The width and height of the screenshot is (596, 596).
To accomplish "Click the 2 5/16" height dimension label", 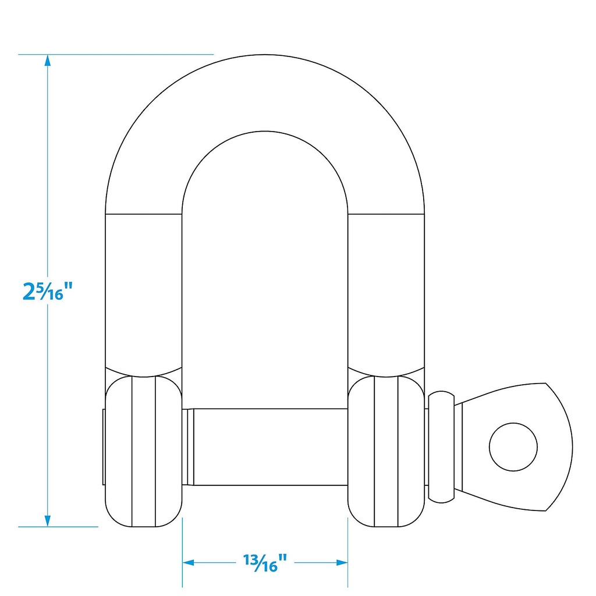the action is click(48, 291).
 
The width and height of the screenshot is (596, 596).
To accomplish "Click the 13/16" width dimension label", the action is click(265, 563).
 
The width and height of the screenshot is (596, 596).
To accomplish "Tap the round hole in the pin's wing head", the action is click(513, 447).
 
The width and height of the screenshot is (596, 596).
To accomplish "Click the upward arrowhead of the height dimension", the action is click(48, 61).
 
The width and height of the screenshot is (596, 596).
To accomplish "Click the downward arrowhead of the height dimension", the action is click(48, 521).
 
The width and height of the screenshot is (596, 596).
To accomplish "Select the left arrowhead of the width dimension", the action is click(189, 563).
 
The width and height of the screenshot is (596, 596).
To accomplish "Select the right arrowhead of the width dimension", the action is click(342, 563).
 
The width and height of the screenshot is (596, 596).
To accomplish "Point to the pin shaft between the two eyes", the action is click(271, 447).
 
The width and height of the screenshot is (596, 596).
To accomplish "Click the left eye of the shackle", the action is click(144, 452).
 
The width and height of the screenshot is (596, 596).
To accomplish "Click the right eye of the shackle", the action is click(386, 452).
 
